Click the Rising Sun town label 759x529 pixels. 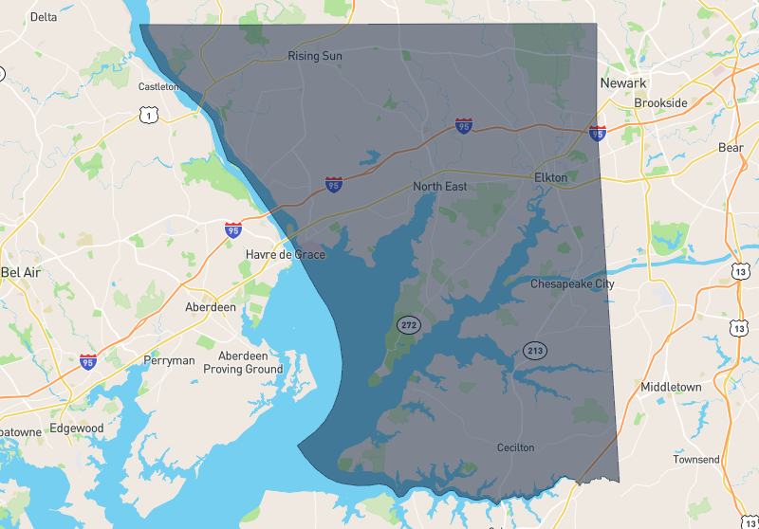pyautogui.click(x=315, y=57)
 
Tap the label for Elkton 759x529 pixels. pyautogui.click(x=550, y=177)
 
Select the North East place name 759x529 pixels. pyautogui.click(x=439, y=187)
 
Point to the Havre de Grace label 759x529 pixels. pyautogui.click(x=285, y=255)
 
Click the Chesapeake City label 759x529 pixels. pyautogui.click(x=572, y=283)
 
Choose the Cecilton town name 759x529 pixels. pyautogui.click(x=516, y=447)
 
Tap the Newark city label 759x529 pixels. pyautogui.click(x=623, y=83)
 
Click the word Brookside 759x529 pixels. pyautogui.click(x=660, y=102)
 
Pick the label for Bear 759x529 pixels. pyautogui.click(x=731, y=148)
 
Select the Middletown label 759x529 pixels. pyautogui.click(x=671, y=388)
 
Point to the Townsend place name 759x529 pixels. pyautogui.click(x=696, y=460)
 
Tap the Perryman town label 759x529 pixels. pyautogui.click(x=169, y=360)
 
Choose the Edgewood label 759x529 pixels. pyautogui.click(x=77, y=429)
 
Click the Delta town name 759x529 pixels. pyautogui.click(x=44, y=17)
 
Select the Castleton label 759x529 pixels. pyautogui.click(x=158, y=86)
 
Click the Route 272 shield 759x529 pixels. pyautogui.click(x=409, y=325)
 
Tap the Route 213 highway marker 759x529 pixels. pyautogui.click(x=535, y=351)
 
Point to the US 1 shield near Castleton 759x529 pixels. pyautogui.click(x=147, y=115)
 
